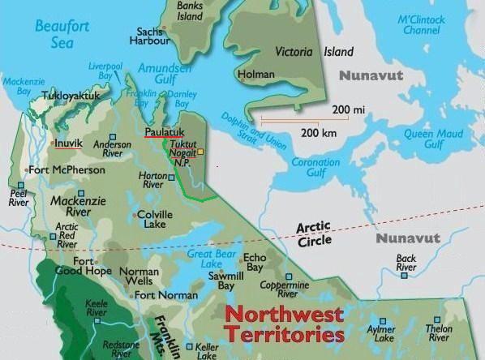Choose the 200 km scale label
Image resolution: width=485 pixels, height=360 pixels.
[319, 131]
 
